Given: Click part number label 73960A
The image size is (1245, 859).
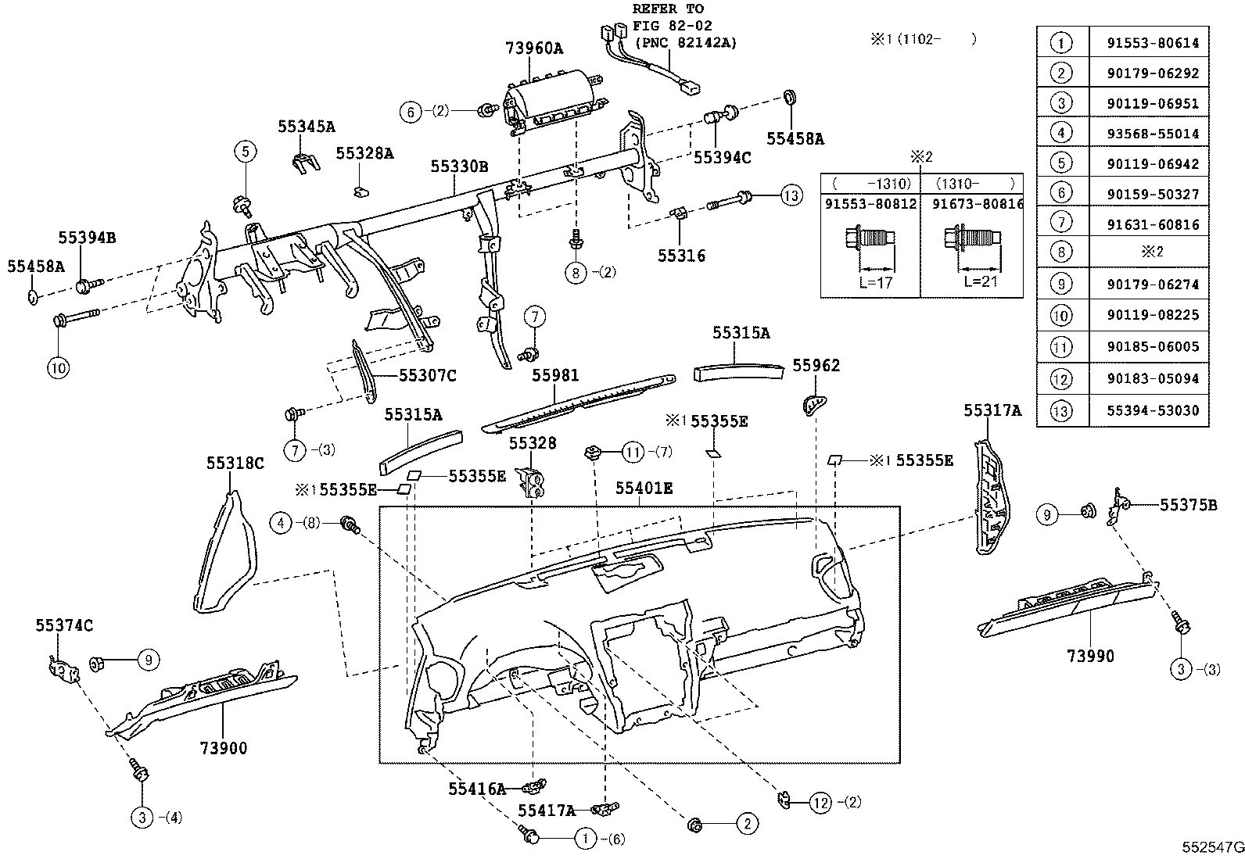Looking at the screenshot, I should click(534, 48).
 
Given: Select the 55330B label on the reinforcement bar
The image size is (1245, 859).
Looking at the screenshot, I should click(458, 166).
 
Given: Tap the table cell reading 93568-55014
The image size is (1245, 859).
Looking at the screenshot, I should click(1152, 134).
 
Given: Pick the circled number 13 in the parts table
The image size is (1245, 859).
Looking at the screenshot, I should click(1061, 410).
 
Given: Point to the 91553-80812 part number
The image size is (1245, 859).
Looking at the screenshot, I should click(870, 203).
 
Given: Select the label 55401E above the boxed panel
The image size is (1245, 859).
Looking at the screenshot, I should click(643, 489).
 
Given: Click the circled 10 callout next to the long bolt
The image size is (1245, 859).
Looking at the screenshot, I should click(58, 367).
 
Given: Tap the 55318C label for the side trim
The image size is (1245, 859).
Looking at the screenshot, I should click(235, 464).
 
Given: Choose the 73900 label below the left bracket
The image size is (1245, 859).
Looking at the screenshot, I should click(223, 749).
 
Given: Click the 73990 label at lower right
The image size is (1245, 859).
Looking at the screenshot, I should click(1090, 657).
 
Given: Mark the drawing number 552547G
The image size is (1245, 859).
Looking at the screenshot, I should click(1211, 847).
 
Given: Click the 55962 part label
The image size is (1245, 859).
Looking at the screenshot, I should click(816, 366).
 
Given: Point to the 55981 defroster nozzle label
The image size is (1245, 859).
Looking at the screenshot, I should click(555, 376).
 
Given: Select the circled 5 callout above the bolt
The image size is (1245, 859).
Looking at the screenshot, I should click(245, 150).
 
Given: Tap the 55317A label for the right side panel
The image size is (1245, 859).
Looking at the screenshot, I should click(992, 411).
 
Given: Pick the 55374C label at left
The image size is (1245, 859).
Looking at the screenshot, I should click(63, 625).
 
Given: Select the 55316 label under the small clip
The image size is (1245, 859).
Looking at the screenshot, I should click(680, 256).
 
